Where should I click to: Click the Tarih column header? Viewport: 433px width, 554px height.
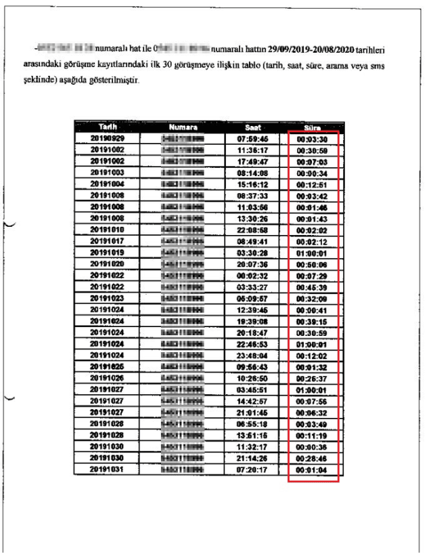(x=106, y=127)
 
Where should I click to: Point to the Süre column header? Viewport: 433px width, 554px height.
(x=313, y=127)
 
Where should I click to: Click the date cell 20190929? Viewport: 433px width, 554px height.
(x=106, y=138)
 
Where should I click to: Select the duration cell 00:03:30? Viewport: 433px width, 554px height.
(x=313, y=138)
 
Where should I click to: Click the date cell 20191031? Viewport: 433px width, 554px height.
(x=106, y=469)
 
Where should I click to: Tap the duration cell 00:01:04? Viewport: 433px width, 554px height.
(x=313, y=469)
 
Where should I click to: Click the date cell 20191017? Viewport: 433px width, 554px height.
(x=106, y=241)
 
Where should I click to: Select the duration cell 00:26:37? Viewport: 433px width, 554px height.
(x=313, y=378)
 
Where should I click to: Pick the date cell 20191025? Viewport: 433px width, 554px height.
(x=106, y=366)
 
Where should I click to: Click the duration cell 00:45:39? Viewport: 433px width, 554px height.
(x=313, y=286)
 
